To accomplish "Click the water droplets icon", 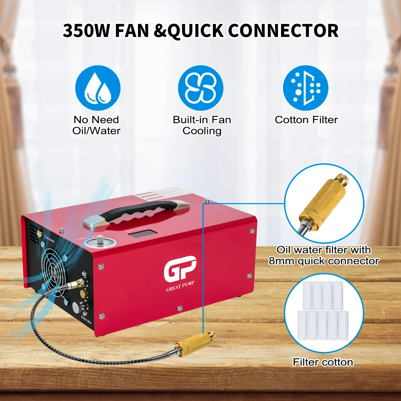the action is pyautogui.click(x=98, y=88).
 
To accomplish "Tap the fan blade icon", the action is pyautogui.click(x=200, y=88).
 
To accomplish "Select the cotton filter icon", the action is pyautogui.click(x=306, y=88).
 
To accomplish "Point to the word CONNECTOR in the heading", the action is pyautogui.click(x=287, y=31).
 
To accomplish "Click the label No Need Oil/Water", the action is pyautogui.click(x=96, y=125).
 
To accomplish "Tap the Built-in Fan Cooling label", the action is pyautogui.click(x=202, y=125).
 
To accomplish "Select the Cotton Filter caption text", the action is pyautogui.click(x=306, y=120).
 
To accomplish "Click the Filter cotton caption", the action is pyautogui.click(x=323, y=363).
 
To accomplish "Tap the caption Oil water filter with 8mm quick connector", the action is pyautogui.click(x=323, y=255).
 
